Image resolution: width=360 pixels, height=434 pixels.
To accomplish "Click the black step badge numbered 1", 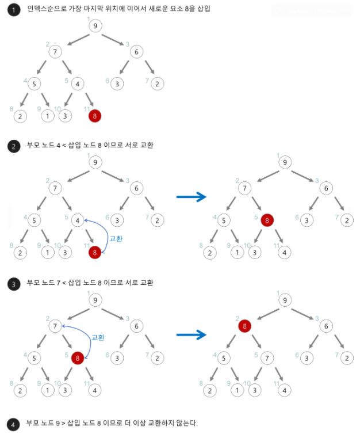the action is pos(14,10).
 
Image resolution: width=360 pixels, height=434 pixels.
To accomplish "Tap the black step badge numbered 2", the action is pos(14,146).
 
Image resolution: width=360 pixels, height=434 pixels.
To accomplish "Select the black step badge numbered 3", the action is pos(14,284).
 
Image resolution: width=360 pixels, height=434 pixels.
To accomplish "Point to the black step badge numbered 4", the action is pos(13,425).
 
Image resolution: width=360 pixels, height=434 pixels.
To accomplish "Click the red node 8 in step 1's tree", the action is pos(95,116).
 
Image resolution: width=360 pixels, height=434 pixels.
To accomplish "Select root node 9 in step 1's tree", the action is pos(95,26).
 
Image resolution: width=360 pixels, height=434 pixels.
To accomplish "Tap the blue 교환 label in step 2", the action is pos(116,239).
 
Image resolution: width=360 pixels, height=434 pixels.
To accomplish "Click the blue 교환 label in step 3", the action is pos(98,337).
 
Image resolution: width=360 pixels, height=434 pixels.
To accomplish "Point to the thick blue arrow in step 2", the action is pos(192,197).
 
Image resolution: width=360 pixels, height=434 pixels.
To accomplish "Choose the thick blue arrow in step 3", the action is pos(192,334).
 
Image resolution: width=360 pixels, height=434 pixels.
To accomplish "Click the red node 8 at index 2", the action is pos(245,326).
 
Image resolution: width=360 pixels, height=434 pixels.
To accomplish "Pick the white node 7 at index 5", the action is pos(267,358).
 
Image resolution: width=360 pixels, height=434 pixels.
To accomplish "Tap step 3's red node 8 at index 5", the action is pos(78,358).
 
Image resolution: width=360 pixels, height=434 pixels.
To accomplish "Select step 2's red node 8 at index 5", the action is pos(267,220).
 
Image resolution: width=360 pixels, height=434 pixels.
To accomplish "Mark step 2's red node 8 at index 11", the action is pos(95,253).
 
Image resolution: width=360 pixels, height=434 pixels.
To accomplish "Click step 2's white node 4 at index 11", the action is pos(285,253).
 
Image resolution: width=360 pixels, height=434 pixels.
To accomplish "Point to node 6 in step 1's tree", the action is pos(137,52).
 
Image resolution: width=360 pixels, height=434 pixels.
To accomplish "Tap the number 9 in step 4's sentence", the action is pos(58,423).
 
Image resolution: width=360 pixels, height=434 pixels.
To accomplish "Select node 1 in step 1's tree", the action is pos(48,116).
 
